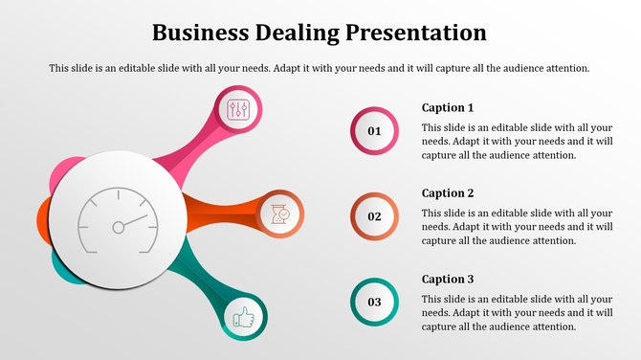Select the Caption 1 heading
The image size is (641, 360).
pyautogui.click(x=448, y=107)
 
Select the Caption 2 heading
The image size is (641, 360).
pyautogui.click(x=448, y=192)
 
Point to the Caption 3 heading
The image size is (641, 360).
pyautogui.click(x=448, y=279)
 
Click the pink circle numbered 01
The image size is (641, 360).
pyautogui.click(x=375, y=131)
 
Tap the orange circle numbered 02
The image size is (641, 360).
pyautogui.click(x=375, y=216)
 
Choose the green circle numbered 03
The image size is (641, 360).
pyautogui.click(x=375, y=303)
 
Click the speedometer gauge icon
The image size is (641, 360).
pyautogui.click(x=119, y=221)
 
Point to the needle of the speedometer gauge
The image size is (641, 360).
pyautogui.click(x=132, y=222)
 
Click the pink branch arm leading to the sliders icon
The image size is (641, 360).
pyautogui.click(x=192, y=150)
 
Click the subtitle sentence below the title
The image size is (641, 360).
pyautogui.click(x=320, y=68)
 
